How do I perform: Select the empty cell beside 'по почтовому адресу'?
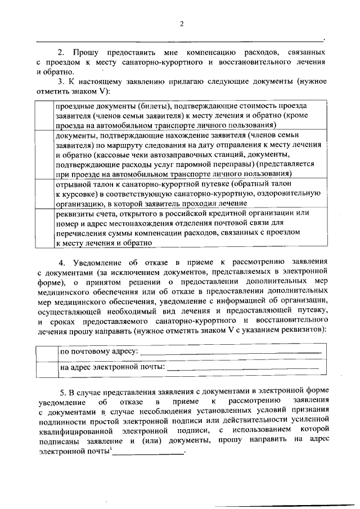[x=47, y=352]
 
